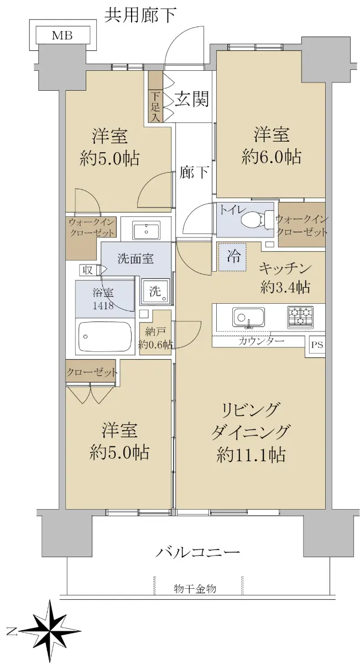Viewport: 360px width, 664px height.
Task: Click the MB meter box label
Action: (x=62, y=35)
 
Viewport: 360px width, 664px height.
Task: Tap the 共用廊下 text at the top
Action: (x=140, y=15)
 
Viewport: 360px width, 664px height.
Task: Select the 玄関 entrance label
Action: (x=191, y=98)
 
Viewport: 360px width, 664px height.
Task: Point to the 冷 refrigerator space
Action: (x=232, y=256)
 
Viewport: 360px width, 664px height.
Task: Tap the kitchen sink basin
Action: (x=248, y=317)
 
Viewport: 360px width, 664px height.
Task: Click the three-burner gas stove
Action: (x=300, y=317)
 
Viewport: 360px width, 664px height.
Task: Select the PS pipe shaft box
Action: (x=317, y=345)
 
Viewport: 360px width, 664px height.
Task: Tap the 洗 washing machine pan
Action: (x=156, y=292)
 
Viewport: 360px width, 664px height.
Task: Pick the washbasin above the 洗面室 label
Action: (x=146, y=230)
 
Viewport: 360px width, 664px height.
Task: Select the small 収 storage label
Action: (x=88, y=270)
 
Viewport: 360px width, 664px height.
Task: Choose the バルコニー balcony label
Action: (x=197, y=552)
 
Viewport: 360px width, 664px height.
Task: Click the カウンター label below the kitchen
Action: (x=261, y=341)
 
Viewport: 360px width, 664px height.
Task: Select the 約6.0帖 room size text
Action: (x=271, y=157)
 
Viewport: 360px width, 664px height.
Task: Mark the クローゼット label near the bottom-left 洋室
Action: (x=92, y=372)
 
